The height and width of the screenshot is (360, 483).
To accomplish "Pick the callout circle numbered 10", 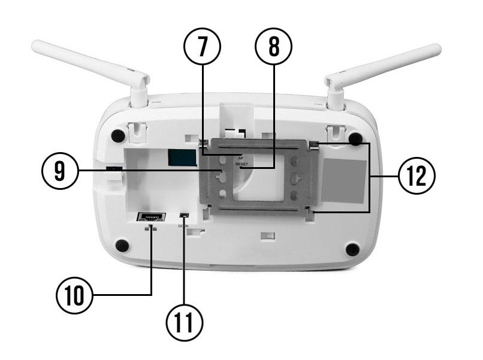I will coord(74,295).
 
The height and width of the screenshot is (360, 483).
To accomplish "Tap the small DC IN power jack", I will coord(185,216).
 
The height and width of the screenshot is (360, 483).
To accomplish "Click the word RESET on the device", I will coord(242,164).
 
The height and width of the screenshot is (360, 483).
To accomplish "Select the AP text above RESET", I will coord(242,157).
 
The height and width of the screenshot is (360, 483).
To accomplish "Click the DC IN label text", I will coord(183,226).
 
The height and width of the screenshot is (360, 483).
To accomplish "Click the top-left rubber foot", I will coord(119,135).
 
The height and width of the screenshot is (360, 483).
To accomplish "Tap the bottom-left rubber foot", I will coord(122,245).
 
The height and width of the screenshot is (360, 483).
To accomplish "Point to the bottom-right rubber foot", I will coord(353,249).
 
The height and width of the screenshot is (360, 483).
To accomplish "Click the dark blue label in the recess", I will coord(182,158).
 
